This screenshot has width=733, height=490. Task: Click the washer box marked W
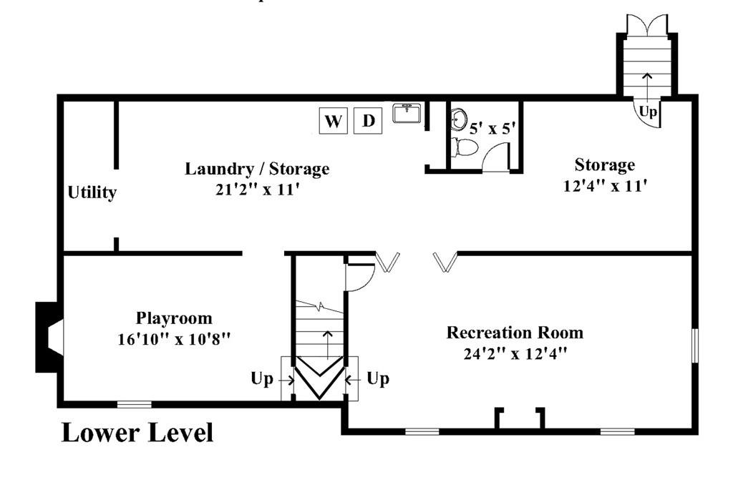[x=333, y=120]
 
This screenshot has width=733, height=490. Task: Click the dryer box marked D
[x=368, y=120]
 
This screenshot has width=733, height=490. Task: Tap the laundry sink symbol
[x=407, y=113]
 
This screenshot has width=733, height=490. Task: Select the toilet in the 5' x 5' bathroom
[x=465, y=147]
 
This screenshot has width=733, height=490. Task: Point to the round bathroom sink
[x=458, y=119]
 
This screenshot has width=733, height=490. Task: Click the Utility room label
[x=92, y=192]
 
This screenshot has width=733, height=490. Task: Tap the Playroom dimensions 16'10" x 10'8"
[x=174, y=338]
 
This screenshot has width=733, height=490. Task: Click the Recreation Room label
[x=515, y=332]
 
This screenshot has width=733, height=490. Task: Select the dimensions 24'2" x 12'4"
[x=515, y=353]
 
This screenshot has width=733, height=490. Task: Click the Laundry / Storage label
[x=257, y=169]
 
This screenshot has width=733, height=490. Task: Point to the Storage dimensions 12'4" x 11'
[x=605, y=186]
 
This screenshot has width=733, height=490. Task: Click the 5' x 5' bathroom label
[x=492, y=128]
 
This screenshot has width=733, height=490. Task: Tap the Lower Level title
[x=137, y=433]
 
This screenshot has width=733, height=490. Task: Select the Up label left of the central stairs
[x=262, y=379]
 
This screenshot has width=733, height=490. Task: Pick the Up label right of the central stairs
[x=378, y=379]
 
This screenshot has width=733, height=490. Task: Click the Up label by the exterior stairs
[x=648, y=112]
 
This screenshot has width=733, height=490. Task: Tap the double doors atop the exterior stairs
[x=647, y=24]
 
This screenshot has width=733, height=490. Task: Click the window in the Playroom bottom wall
[x=134, y=405]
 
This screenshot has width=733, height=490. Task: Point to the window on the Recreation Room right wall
[x=695, y=346]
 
